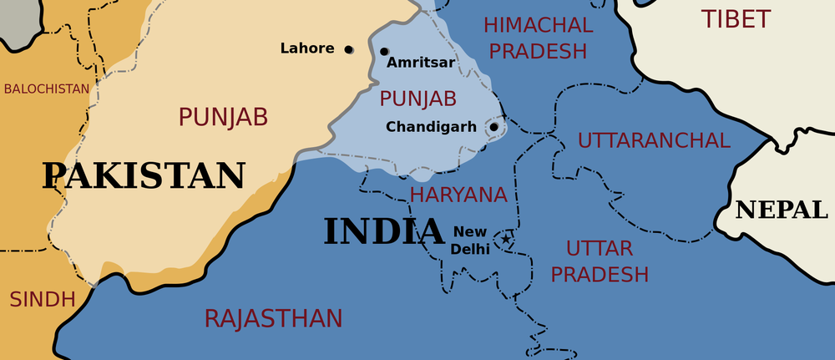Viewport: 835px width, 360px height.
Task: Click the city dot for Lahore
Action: (x=349, y=49)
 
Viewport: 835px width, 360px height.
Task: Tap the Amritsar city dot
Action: (x=384, y=52)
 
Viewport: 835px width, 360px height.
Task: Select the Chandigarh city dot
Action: (x=493, y=128)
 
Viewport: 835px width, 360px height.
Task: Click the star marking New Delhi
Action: (x=505, y=241)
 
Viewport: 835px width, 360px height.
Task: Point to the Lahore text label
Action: (x=307, y=48)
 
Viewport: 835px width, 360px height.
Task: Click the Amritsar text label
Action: (x=421, y=63)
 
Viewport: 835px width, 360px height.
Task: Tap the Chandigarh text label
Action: (x=431, y=127)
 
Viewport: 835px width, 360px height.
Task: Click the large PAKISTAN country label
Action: (x=144, y=176)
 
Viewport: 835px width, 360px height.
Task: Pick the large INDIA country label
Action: (x=383, y=231)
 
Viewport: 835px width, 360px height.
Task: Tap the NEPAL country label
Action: (x=781, y=210)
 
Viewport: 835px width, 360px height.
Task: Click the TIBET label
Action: (x=736, y=19)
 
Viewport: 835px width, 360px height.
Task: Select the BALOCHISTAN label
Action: (x=46, y=89)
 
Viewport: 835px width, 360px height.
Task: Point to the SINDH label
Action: (x=42, y=299)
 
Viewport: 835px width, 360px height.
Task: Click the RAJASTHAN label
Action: (x=273, y=318)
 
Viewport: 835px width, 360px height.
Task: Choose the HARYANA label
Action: (x=458, y=195)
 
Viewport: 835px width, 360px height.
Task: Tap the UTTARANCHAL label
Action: (x=654, y=140)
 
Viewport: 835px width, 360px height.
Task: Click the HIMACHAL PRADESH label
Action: (x=538, y=38)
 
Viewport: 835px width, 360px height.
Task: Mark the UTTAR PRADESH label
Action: (x=600, y=261)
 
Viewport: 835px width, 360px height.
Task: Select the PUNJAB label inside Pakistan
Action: (x=223, y=116)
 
